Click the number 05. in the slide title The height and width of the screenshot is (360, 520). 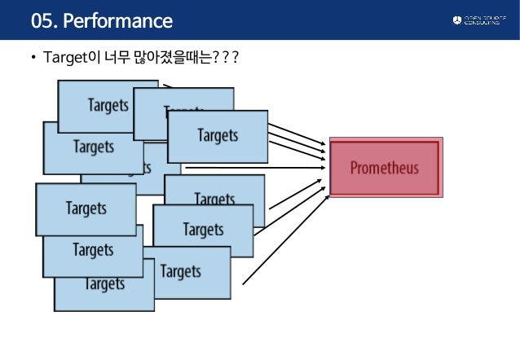pyautogui.click(x=45, y=20)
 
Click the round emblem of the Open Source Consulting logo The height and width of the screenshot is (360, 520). pyautogui.click(x=456, y=20)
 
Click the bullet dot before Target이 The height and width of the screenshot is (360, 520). pyautogui.click(x=33, y=59)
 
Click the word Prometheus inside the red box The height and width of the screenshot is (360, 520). pyautogui.click(x=384, y=169)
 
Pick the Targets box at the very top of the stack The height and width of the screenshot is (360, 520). pyautogui.click(x=108, y=106)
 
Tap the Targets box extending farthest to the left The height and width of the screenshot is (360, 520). pyautogui.click(x=86, y=209)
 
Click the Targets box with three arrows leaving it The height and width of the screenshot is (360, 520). pyautogui.click(x=217, y=135)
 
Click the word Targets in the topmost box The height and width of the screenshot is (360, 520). pyautogui.click(x=108, y=106)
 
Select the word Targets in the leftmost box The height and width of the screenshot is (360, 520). pyautogui.click(x=86, y=209)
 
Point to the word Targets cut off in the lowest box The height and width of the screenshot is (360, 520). pyautogui.click(x=104, y=285)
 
